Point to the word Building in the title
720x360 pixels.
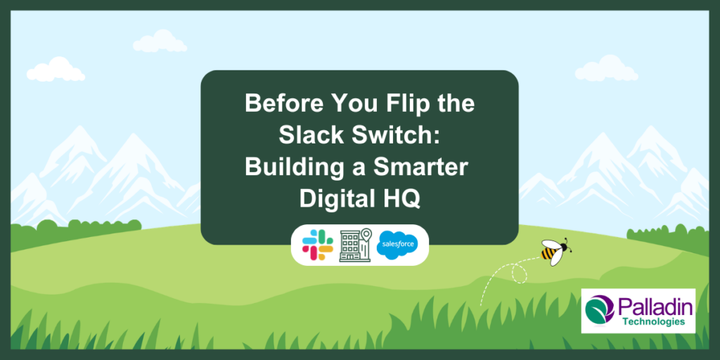(288, 167)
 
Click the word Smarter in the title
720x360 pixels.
(418, 167)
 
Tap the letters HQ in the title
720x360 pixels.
(403, 198)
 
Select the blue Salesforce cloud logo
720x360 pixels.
(397, 245)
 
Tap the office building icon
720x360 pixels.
(354, 245)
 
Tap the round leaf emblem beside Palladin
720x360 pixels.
(599, 311)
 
